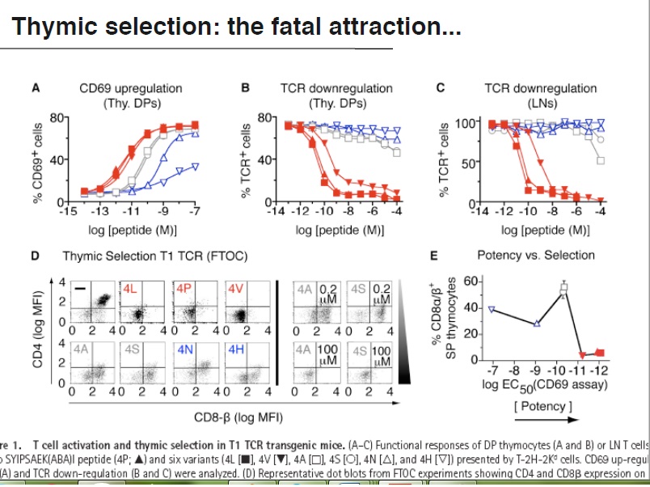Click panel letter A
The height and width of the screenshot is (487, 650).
pyautogui.click(x=36, y=88)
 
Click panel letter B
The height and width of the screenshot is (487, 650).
pyautogui.click(x=245, y=88)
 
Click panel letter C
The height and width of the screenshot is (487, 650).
pyautogui.click(x=440, y=88)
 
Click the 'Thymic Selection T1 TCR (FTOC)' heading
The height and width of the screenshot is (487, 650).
pyautogui.click(x=155, y=256)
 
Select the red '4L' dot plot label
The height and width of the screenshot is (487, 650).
pyautogui.click(x=131, y=288)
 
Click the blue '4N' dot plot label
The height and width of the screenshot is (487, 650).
pyautogui.click(x=185, y=349)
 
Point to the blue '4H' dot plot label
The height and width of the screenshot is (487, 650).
pyautogui.click(x=236, y=349)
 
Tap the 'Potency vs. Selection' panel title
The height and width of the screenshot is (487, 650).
pyautogui.click(x=536, y=256)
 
